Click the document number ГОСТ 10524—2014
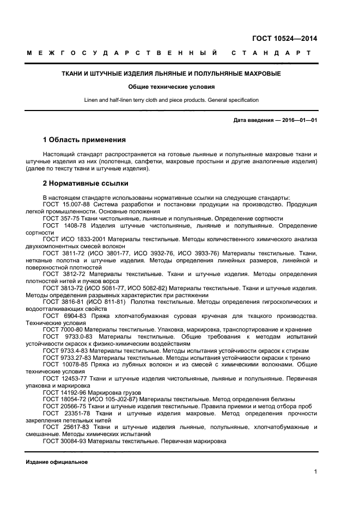pyautogui.click(x=284, y=38)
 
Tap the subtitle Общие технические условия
pyautogui.click(x=171, y=87)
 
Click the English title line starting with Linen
pyautogui.click(x=171, y=100)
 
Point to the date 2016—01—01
pyautogui.click(x=297, y=120)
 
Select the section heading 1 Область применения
pyautogui.click(x=84, y=140)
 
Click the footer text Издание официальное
pyautogui.click(x=57, y=462)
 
